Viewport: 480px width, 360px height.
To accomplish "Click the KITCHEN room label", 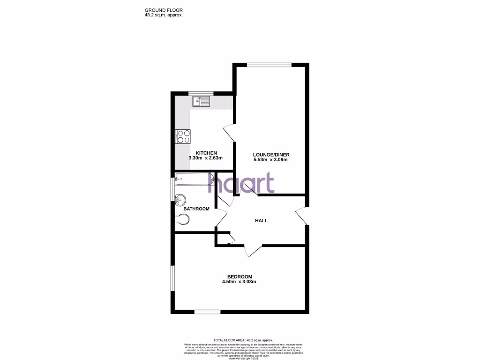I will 206,153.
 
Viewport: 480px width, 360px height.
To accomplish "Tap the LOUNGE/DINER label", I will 271,155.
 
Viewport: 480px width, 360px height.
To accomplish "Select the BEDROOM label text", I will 240,277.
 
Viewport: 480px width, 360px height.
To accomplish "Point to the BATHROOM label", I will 196,209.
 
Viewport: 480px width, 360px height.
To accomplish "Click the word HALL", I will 261,220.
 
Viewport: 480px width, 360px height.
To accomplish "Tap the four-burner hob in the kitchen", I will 183,136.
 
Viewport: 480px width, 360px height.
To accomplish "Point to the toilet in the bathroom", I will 182,219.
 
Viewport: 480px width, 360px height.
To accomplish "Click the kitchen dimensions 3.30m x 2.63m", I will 206,158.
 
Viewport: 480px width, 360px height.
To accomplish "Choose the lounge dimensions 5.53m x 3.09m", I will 270,160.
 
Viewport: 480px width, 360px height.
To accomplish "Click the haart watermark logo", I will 241,183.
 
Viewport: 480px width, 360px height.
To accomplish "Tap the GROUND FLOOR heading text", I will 164,10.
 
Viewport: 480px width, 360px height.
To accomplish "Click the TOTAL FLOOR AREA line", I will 243,340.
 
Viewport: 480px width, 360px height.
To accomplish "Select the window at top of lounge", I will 269,65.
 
